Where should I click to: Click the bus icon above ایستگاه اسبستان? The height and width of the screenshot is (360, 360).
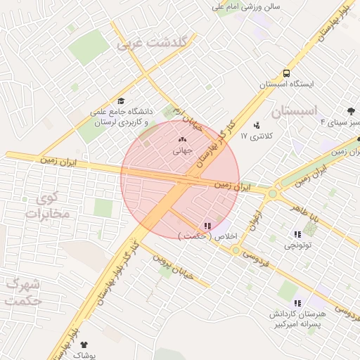[286, 73]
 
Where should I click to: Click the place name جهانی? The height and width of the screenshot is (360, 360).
[182, 150]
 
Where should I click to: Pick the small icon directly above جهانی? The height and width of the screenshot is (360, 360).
[182, 140]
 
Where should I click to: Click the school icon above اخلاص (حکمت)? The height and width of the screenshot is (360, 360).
[207, 226]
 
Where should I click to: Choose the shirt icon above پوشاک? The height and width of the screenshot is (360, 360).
[86, 345]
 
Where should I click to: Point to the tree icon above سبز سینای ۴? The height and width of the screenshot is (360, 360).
[351, 111]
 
